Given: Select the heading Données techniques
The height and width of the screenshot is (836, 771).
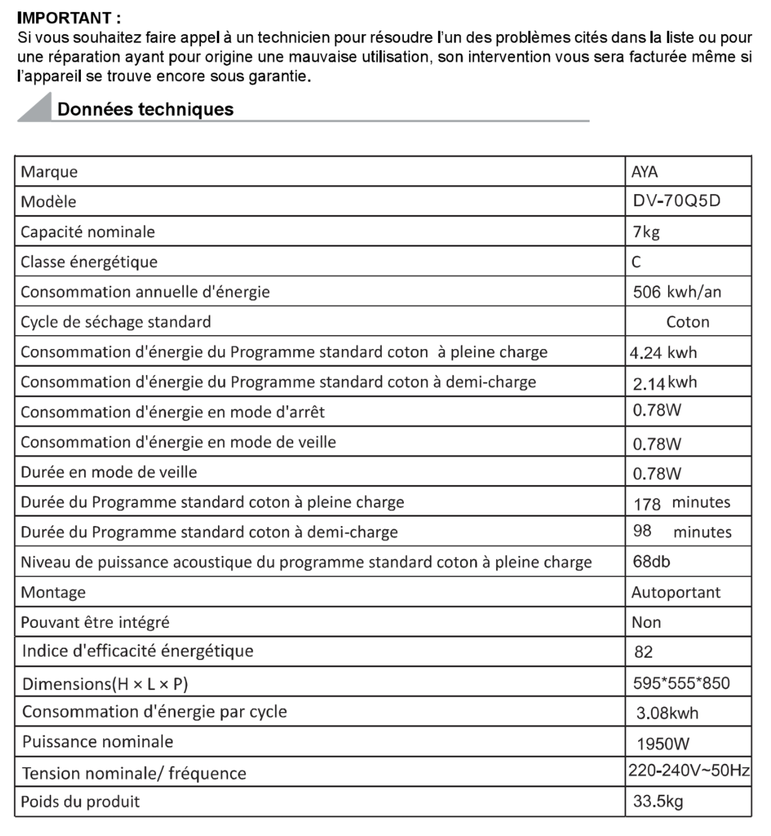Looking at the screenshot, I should coord(145,109).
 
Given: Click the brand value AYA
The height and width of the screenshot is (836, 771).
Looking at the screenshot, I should coord(645,171).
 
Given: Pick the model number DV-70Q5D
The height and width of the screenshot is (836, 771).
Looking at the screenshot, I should coord(677,201).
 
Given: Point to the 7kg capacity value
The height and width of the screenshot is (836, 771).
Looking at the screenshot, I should coord(646,231).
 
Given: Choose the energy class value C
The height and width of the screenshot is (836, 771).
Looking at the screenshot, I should coord(636,262).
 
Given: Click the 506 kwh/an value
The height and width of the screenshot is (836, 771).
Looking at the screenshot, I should coord(677,292).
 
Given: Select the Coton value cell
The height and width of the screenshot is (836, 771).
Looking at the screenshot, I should coord(688,322).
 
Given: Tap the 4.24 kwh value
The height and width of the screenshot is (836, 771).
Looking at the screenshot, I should coord(664,352).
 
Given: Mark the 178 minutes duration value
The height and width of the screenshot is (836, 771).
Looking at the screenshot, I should coord(682,503).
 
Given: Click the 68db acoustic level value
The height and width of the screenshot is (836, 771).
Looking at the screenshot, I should coord(652,562).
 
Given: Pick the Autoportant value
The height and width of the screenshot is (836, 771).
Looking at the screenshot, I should coord(676,593).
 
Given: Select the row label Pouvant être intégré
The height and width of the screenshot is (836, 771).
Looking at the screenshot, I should coord(95,622).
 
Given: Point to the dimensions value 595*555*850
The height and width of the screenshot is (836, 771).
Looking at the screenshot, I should coord(681,683).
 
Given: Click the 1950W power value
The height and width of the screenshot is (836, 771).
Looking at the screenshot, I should coord(663,744).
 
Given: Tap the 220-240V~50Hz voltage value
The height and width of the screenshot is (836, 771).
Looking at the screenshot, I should coord(689,770).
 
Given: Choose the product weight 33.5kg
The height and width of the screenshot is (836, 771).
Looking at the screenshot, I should coord(658,802).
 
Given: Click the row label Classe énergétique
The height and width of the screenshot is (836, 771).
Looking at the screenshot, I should coord(89,262).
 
